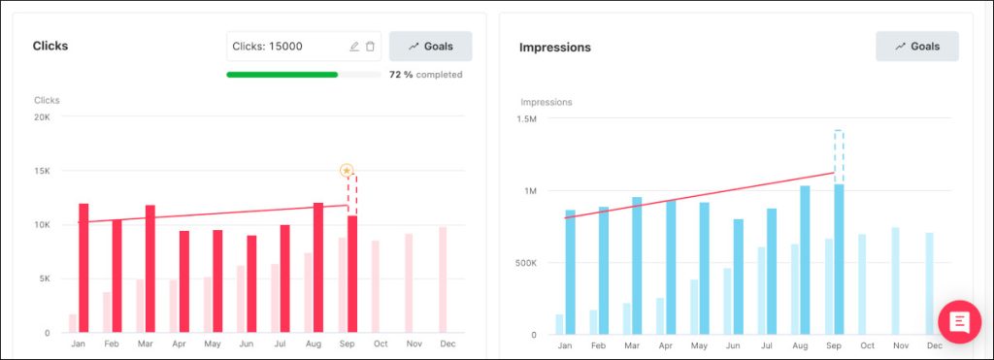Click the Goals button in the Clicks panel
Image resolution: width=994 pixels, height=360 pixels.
tap(430, 47)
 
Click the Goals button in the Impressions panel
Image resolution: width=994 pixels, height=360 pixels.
tap(916, 47)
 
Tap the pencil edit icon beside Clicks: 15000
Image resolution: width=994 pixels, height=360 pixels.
tap(354, 47)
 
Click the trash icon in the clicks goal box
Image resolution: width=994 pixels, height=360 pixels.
tap(370, 47)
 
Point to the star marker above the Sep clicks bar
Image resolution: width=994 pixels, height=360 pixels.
tap(347, 171)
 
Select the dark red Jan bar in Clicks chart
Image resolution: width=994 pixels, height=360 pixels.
tap(83, 268)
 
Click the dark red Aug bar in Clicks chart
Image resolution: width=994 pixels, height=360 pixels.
tap(318, 268)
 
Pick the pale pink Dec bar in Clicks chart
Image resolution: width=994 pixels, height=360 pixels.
tap(443, 280)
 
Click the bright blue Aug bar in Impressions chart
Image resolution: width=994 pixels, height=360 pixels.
tap(805, 260)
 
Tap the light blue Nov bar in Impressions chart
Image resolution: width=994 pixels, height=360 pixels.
tap(895, 281)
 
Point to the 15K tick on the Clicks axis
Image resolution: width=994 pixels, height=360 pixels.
tap(43, 171)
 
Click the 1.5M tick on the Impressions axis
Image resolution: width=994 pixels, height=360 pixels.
tap(526, 119)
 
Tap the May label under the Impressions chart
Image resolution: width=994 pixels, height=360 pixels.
tap(699, 345)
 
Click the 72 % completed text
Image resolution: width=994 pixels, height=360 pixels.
tap(425, 75)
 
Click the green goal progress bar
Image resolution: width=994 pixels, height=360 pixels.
tap(282, 75)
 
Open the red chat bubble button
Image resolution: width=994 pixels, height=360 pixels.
tap(959, 322)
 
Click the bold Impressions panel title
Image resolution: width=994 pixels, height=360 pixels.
tap(554, 47)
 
